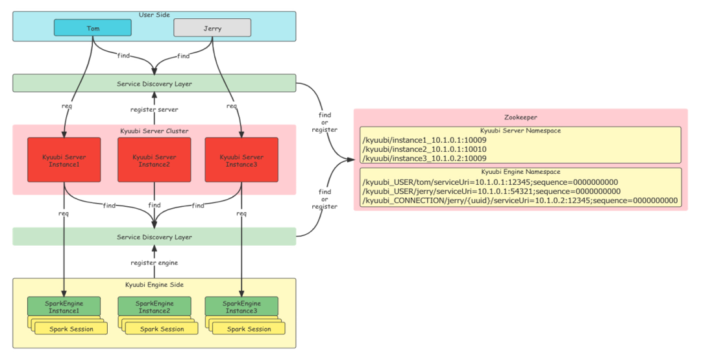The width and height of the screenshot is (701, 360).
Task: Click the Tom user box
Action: (93, 28)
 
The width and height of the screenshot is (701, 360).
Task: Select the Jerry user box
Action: (212, 28)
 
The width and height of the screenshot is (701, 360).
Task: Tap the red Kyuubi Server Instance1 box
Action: (64, 160)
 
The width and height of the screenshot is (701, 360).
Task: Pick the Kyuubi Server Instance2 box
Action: (154, 160)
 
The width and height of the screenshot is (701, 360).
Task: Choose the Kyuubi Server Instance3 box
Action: (241, 160)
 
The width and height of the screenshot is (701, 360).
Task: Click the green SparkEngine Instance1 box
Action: (64, 307)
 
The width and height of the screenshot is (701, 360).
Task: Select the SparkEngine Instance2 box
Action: (154, 307)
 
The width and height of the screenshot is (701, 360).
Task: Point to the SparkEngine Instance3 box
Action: (241, 307)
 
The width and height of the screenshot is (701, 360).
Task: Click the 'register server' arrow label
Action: (154, 109)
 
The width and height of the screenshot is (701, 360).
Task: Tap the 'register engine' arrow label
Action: (154, 262)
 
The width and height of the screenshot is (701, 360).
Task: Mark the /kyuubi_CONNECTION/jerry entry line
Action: (520, 201)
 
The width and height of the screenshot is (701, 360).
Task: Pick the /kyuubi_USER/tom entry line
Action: (490, 182)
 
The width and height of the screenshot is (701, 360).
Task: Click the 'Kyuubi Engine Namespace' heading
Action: (521, 172)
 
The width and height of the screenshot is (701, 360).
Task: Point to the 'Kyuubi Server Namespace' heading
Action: (521, 130)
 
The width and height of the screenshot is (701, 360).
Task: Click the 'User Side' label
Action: (154, 15)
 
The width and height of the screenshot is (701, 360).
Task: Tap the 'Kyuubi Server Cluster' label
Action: (154, 130)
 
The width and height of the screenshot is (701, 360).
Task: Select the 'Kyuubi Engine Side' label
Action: (154, 285)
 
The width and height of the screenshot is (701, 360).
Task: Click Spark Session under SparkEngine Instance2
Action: (162, 329)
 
